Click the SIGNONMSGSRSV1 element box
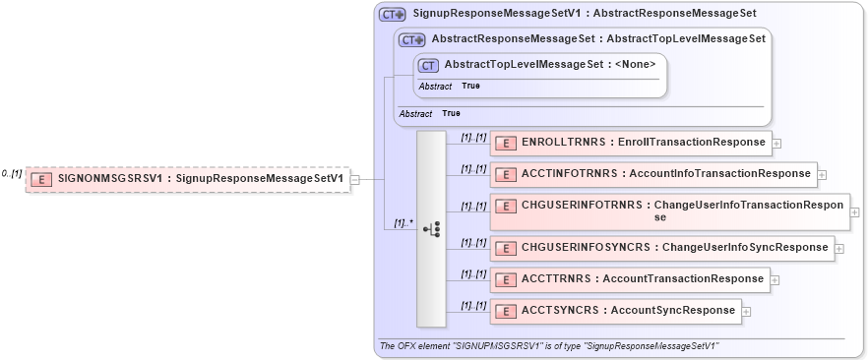[x=187, y=179]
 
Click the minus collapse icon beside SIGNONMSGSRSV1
[x=354, y=179]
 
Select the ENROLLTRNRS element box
[x=630, y=143]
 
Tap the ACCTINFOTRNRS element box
[x=653, y=174]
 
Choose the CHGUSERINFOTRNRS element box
[x=669, y=211]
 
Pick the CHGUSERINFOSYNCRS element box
[x=662, y=248]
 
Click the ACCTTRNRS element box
[x=630, y=279]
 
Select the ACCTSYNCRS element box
[x=615, y=311]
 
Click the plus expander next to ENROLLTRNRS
[x=776, y=143]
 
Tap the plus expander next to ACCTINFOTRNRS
[x=823, y=174]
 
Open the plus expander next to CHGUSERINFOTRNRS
[x=854, y=211]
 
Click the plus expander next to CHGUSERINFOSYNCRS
[x=840, y=248]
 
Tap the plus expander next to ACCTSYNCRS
[x=746, y=312]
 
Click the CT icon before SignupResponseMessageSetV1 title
[x=392, y=15]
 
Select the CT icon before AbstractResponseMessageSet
[x=411, y=40]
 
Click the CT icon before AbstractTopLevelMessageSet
[x=428, y=65]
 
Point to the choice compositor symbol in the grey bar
[x=431, y=228]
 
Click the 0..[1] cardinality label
[x=11, y=173]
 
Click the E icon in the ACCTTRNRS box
[x=505, y=280]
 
